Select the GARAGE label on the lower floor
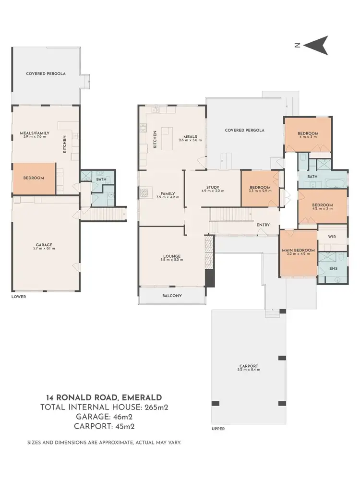pos(45,245)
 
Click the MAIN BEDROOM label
pos(299,250)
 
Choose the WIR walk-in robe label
pos(332,237)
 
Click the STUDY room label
pos(213,187)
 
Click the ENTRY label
pos(263,225)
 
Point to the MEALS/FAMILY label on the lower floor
pos(35,133)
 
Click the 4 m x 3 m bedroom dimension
pos(308,137)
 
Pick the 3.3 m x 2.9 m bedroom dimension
pos(260,191)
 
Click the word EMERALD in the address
pos(142,397)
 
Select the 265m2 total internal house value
pos(156,408)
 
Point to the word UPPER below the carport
pos(218,429)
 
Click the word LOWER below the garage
pos(19,297)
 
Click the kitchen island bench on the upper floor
pos(168,132)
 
